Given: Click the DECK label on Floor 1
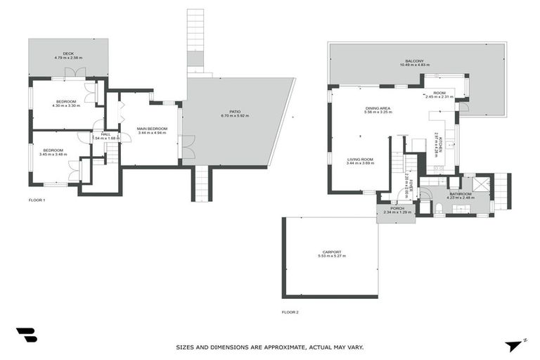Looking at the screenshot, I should click(68, 53).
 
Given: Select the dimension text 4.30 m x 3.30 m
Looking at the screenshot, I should click(68, 105).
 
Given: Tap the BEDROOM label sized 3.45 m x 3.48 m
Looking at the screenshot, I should click(53, 150).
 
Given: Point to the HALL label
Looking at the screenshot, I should click(105, 134).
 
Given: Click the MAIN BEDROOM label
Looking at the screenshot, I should click(153, 129).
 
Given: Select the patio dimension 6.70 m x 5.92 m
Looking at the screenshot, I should click(235, 115).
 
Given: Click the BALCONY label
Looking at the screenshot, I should click(414, 61).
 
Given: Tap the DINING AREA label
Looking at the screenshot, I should click(378, 108).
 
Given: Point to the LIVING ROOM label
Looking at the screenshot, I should click(360, 159).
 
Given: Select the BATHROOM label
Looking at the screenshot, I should click(461, 193).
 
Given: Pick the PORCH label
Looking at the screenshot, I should click(397, 208).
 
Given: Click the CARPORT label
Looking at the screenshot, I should click(332, 252).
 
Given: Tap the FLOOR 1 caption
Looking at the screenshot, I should click(36, 200).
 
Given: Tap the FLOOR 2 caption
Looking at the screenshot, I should click(290, 311).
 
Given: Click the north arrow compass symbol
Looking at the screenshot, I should click(514, 345).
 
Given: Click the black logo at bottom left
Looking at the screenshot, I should click(27, 335).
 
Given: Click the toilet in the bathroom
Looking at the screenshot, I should click(438, 207).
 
